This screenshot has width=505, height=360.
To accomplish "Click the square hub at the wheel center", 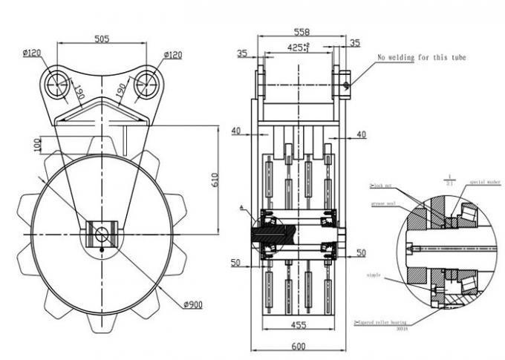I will pos(100,233).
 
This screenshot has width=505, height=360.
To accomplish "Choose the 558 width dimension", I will pos(302,33).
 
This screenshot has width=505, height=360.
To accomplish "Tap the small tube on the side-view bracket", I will pos(346,83).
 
